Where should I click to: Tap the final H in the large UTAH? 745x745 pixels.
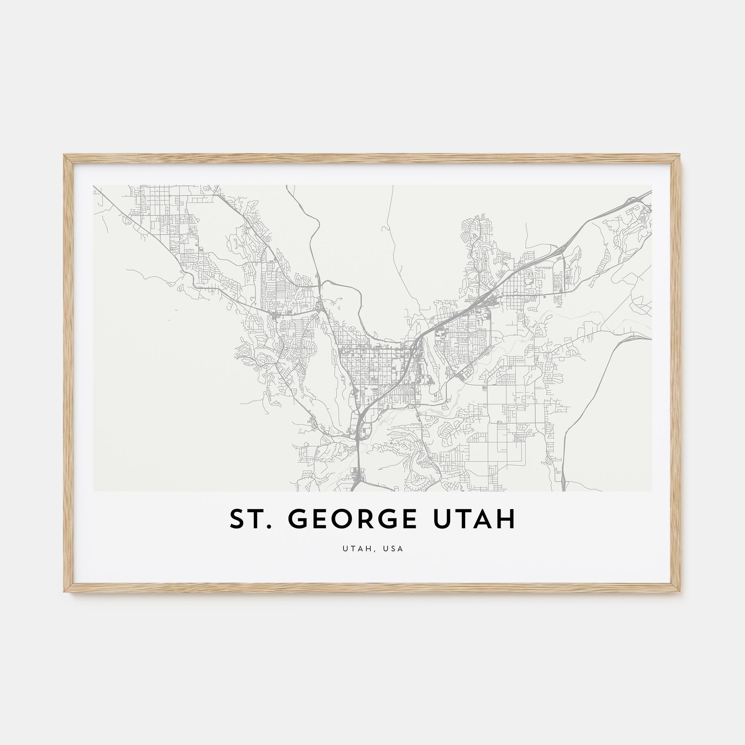(x=506, y=519)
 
